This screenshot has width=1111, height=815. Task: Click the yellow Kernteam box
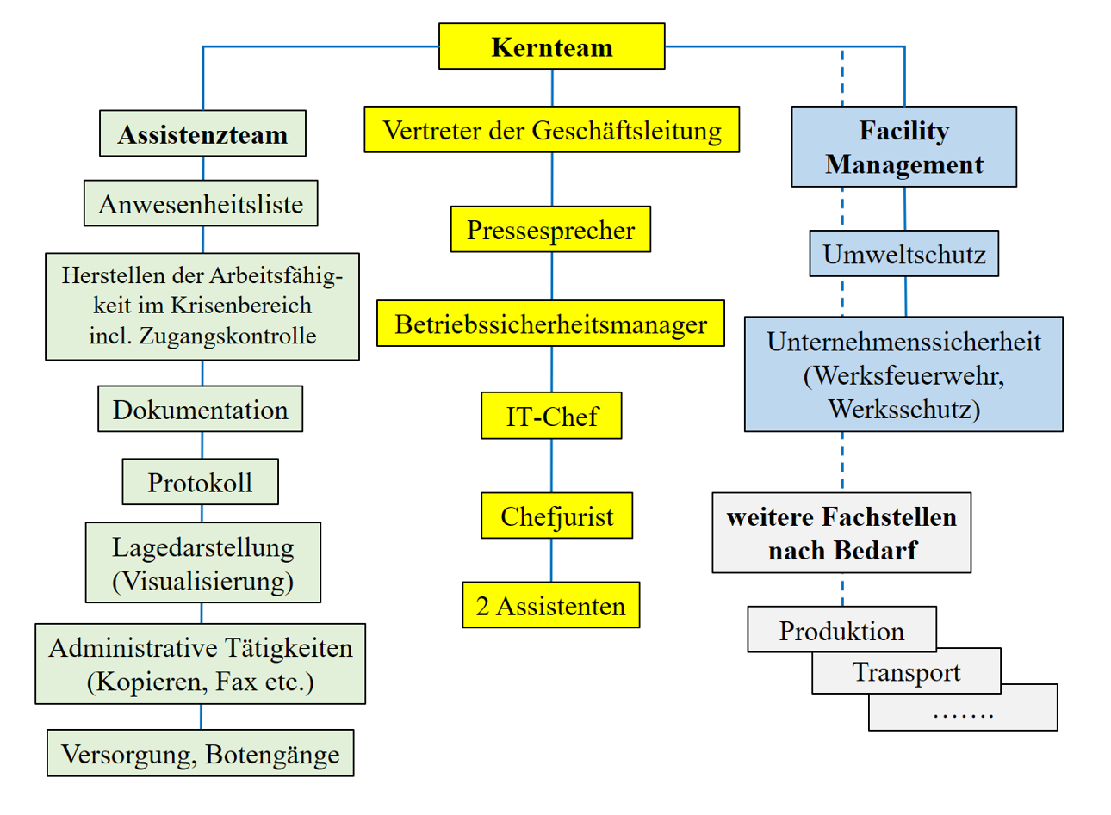click(551, 46)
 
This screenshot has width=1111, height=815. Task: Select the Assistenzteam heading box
click(202, 133)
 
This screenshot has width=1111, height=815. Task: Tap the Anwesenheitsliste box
click(201, 204)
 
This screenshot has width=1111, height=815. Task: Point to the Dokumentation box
click(200, 410)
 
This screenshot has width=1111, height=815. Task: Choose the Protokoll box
click(200, 482)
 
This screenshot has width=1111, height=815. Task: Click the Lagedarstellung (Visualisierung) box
click(202, 563)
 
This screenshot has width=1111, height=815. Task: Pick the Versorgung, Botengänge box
click(200, 754)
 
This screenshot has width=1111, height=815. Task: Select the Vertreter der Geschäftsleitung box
click(551, 130)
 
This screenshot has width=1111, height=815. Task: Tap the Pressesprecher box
click(550, 230)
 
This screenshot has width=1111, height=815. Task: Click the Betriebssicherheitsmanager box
click(550, 324)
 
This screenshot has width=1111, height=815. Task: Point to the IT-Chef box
click(551, 417)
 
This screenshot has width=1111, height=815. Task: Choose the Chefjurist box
click(556, 516)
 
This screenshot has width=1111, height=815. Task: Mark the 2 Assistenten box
click(550, 606)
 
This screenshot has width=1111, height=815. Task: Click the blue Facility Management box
click(903, 147)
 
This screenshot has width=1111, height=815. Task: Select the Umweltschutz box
click(903, 254)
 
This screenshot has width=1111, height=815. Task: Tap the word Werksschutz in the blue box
click(903, 408)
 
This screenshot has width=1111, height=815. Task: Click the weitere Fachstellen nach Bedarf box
click(841, 534)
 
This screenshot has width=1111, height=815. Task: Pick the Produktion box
click(841, 630)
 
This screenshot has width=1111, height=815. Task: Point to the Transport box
click(906, 671)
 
